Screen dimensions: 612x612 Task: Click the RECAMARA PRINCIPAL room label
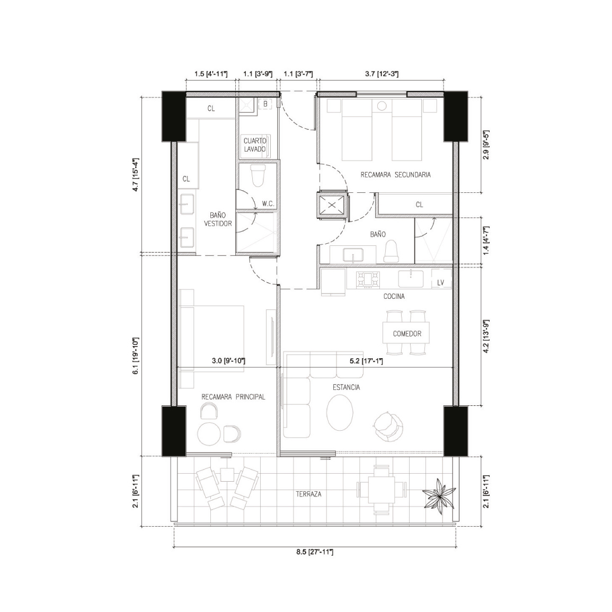coord(233,397)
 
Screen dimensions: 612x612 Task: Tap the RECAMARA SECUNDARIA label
coord(395,175)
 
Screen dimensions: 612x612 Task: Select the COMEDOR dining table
coord(407,334)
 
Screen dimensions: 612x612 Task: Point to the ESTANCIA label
coord(346,387)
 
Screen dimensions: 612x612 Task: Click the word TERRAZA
coord(308,494)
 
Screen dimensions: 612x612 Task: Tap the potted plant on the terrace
coord(439,494)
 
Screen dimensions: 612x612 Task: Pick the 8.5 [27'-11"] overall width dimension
coord(314,552)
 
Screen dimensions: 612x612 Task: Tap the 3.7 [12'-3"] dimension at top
coord(382,74)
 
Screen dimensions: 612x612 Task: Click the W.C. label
coord(268,203)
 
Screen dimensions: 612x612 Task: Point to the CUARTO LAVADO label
coord(255,145)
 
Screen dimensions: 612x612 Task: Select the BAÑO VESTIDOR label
coord(220,219)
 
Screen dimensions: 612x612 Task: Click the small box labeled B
coord(265,104)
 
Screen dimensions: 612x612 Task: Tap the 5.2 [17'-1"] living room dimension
coord(366,361)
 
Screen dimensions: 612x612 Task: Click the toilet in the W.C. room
coord(258,175)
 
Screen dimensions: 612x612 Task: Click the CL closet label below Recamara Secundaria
coord(419,204)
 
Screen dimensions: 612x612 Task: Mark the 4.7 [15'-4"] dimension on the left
coord(135,174)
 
